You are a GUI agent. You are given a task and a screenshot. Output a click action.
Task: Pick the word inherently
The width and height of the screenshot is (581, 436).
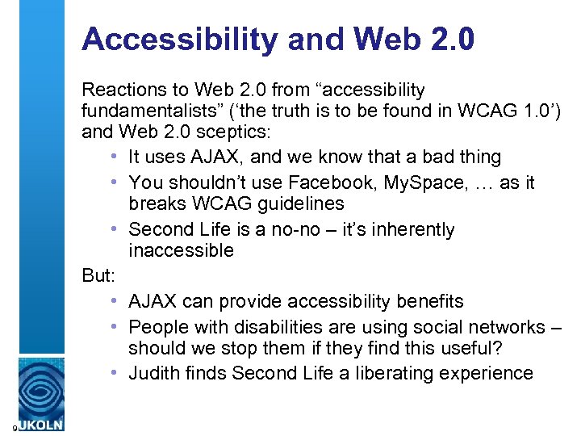(x=414, y=230)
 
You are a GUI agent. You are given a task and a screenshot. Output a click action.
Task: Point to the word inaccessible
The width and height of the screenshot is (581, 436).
(x=181, y=251)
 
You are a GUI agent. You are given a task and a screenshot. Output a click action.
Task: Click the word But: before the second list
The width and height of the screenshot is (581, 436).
(x=101, y=275)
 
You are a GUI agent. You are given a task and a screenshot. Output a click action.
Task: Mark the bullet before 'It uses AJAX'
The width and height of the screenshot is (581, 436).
(x=118, y=157)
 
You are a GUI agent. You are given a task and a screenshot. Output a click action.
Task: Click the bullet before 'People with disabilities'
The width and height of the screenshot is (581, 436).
(x=118, y=327)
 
